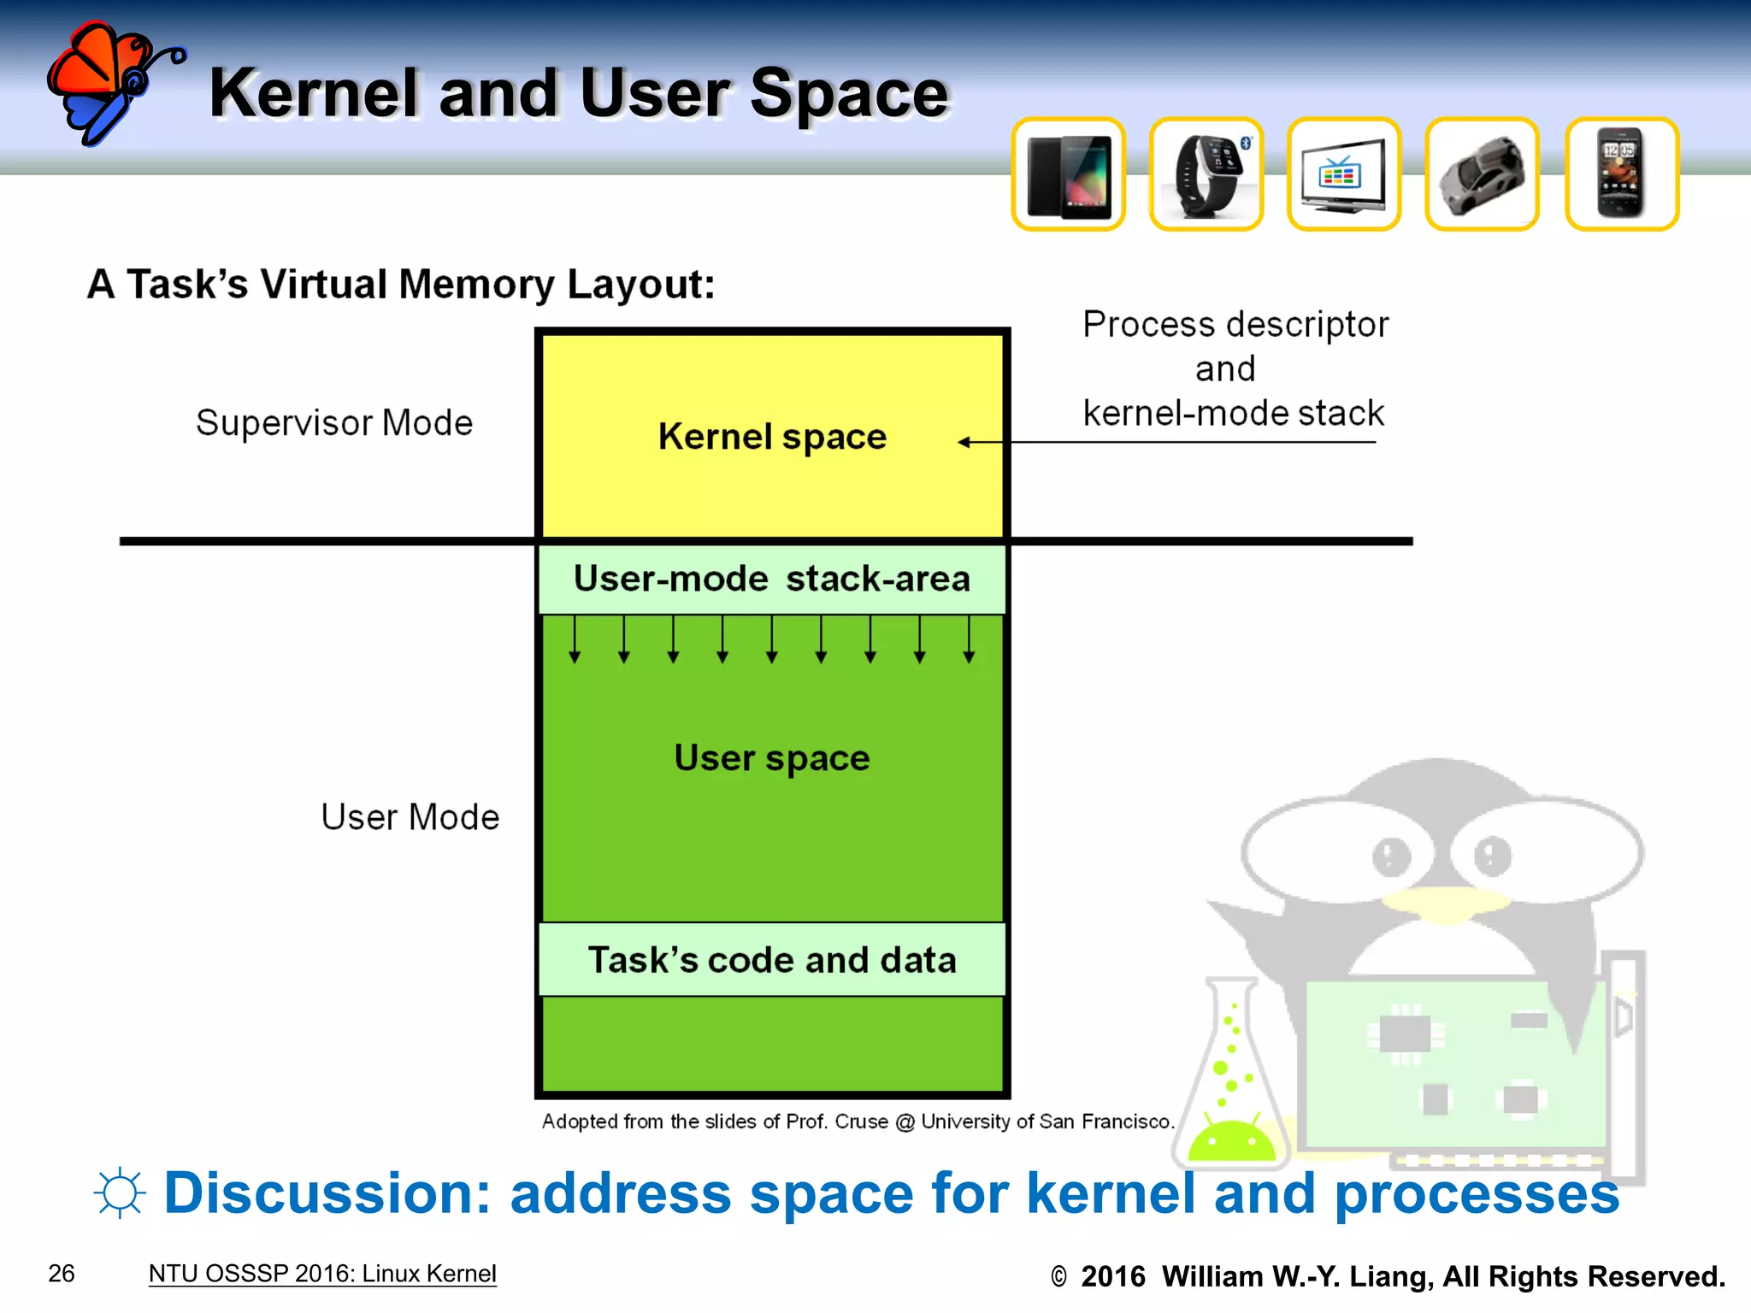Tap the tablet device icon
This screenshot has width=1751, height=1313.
[1069, 175]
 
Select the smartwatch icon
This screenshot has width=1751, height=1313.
[1206, 175]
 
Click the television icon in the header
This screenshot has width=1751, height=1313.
[1343, 175]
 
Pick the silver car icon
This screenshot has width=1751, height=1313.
[1482, 175]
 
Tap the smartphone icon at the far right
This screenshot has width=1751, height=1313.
[1621, 174]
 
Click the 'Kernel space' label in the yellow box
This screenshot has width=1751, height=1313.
[772, 437]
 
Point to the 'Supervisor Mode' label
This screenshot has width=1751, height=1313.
[334, 422]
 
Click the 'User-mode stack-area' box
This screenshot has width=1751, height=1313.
[772, 579]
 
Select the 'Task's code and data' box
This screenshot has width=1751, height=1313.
[772, 959]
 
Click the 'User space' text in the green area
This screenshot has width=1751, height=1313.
[772, 758]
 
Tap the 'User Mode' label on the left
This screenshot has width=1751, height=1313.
[410, 817]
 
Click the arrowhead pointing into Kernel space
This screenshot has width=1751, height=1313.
[964, 442]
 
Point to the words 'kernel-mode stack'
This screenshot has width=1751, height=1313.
[1233, 414]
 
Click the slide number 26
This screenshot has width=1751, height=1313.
[62, 1274]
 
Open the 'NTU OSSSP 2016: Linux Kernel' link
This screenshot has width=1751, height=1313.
[322, 1274]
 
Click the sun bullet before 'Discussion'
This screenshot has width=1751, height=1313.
[120, 1192]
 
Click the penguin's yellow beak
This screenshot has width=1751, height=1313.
[1445, 904]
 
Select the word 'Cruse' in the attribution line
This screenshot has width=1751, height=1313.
[861, 1122]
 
